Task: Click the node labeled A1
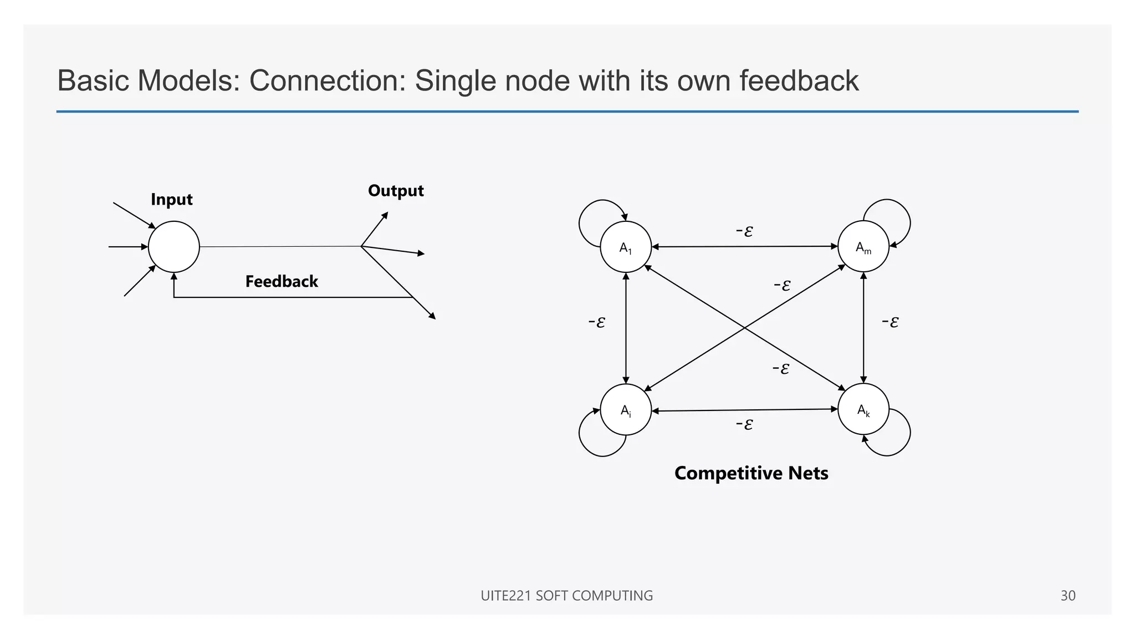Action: click(x=626, y=247)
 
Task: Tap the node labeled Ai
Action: click(x=626, y=410)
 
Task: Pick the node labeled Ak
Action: click(x=863, y=409)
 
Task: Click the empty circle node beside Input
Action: click(x=173, y=247)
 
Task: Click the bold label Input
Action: click(x=171, y=200)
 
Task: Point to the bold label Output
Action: click(x=396, y=191)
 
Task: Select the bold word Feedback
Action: click(x=282, y=282)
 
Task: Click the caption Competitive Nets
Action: click(x=751, y=473)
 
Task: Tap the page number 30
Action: click(x=1067, y=596)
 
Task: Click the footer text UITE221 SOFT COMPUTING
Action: click(x=566, y=596)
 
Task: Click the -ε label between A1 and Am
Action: click(x=744, y=231)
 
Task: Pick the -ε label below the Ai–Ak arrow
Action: click(x=744, y=424)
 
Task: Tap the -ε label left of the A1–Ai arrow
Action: click(x=596, y=322)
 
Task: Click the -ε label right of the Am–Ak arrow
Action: click(x=890, y=322)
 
